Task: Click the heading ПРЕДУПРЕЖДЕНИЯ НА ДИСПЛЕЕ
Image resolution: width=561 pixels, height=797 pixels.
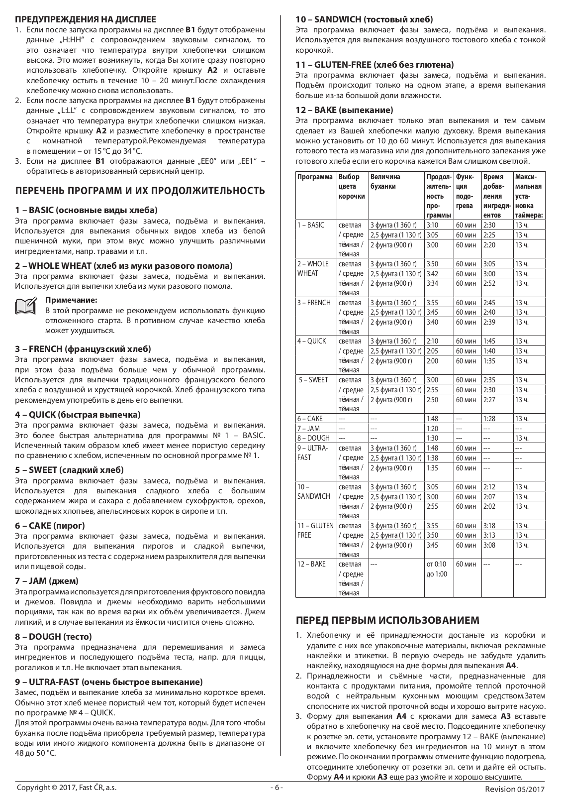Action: (85, 20)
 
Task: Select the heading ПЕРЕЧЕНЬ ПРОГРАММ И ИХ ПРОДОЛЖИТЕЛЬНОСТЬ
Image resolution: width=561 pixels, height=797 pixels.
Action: (140, 191)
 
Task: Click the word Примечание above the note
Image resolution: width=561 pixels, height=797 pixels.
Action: (71, 300)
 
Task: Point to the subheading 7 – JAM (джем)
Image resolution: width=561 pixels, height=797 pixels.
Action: (47, 581)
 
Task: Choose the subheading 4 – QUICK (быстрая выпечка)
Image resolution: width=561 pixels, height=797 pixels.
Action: (78, 415)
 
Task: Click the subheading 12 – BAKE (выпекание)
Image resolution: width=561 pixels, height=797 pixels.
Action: (344, 110)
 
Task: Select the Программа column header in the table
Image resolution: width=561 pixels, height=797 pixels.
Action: (315, 177)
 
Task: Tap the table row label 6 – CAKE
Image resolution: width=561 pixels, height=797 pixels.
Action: (310, 419)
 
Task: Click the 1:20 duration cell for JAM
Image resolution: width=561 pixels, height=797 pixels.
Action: (432, 429)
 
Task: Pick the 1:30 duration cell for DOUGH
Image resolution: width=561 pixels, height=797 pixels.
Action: (432, 438)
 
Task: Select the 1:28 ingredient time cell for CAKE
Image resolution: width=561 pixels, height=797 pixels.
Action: (489, 419)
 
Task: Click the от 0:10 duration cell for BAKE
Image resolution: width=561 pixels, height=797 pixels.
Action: (436, 564)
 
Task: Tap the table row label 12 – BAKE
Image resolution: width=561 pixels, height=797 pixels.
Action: (311, 564)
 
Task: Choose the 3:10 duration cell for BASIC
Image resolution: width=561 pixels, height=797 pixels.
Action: (432, 225)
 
